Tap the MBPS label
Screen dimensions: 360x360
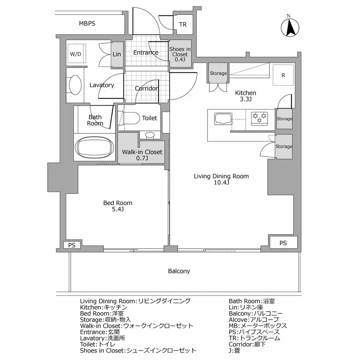(x=87, y=24)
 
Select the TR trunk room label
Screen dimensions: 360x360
(x=183, y=25)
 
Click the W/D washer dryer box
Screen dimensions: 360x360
(x=77, y=54)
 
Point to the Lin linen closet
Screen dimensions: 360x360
(x=117, y=54)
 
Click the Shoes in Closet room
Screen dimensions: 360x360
(x=180, y=54)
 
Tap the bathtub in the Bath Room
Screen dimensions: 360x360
(x=95, y=147)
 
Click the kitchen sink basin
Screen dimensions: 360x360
(x=223, y=119)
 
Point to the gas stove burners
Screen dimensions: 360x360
(x=260, y=118)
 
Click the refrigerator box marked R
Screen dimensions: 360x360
(x=283, y=75)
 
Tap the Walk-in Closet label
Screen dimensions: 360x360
(x=142, y=155)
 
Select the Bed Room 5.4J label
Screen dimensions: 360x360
(x=118, y=206)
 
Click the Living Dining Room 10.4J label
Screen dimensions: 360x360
(x=221, y=179)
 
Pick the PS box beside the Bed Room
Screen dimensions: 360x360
(x=72, y=245)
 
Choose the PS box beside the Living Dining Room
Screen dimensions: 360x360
(x=283, y=243)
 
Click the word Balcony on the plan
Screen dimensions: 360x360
(x=179, y=271)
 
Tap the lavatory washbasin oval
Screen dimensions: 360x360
(x=75, y=85)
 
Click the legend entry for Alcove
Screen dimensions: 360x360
(x=254, y=320)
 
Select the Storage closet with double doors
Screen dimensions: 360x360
(x=218, y=73)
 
